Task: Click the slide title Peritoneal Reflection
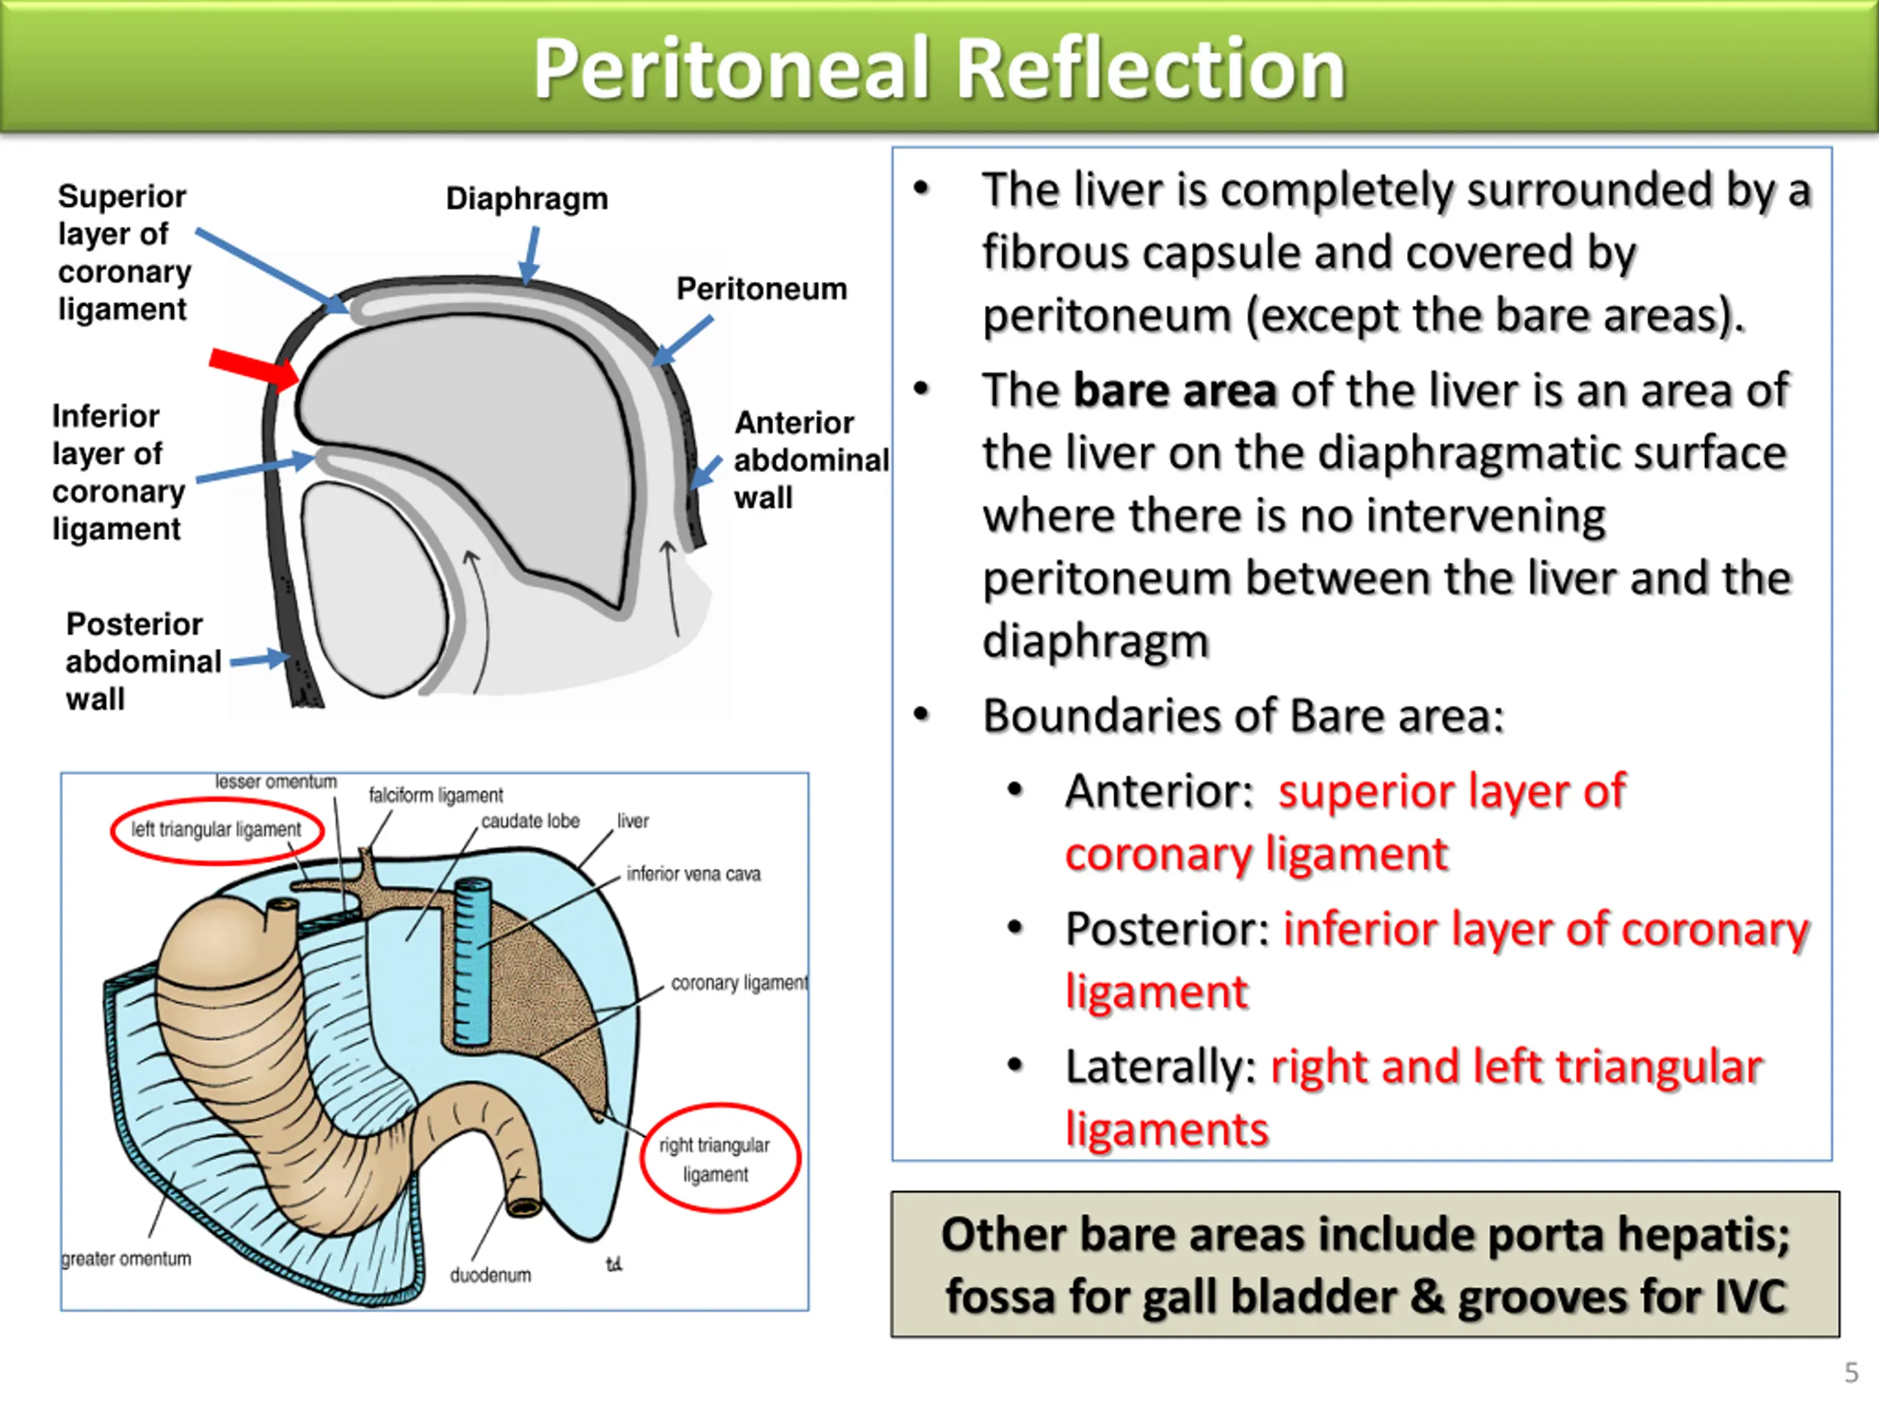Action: pos(939,70)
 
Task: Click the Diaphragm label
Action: pos(528,199)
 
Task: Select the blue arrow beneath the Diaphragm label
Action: pos(530,255)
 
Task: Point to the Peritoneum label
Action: pos(762,288)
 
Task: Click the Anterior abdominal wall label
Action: pos(810,459)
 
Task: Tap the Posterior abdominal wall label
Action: pos(142,662)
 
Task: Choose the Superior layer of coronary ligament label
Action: pos(124,252)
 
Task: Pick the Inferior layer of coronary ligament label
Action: pos(118,472)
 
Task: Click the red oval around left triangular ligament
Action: pos(217,831)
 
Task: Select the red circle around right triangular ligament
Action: pos(720,1157)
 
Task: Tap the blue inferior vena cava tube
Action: pos(472,961)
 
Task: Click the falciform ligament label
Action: pos(436,795)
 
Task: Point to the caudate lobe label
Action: pos(530,821)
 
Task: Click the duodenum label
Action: pos(490,1275)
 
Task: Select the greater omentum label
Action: pos(126,1259)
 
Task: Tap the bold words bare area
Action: pos(1175,390)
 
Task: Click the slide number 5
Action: pos(1852,1372)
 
